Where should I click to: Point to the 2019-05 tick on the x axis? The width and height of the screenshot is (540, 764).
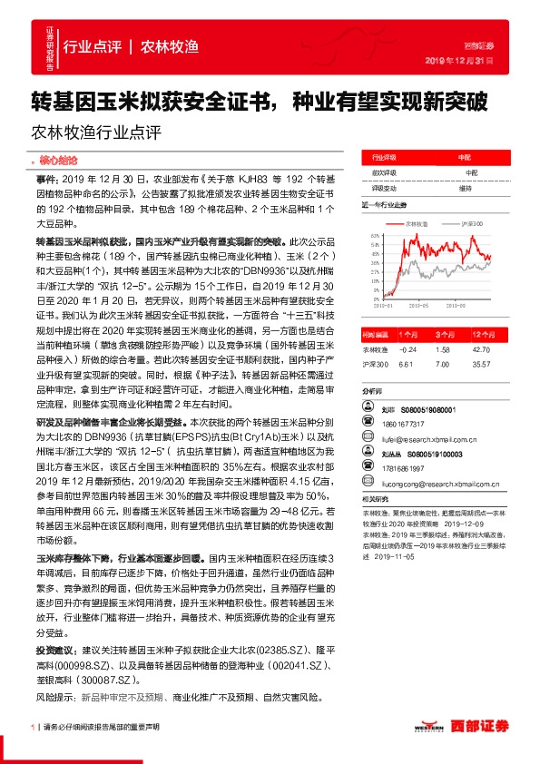pyautogui.click(x=422, y=306)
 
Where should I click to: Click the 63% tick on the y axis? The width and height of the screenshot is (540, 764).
pyautogui.click(x=374, y=234)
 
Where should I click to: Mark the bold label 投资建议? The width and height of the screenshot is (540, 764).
pyautogui.click(x=57, y=651)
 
